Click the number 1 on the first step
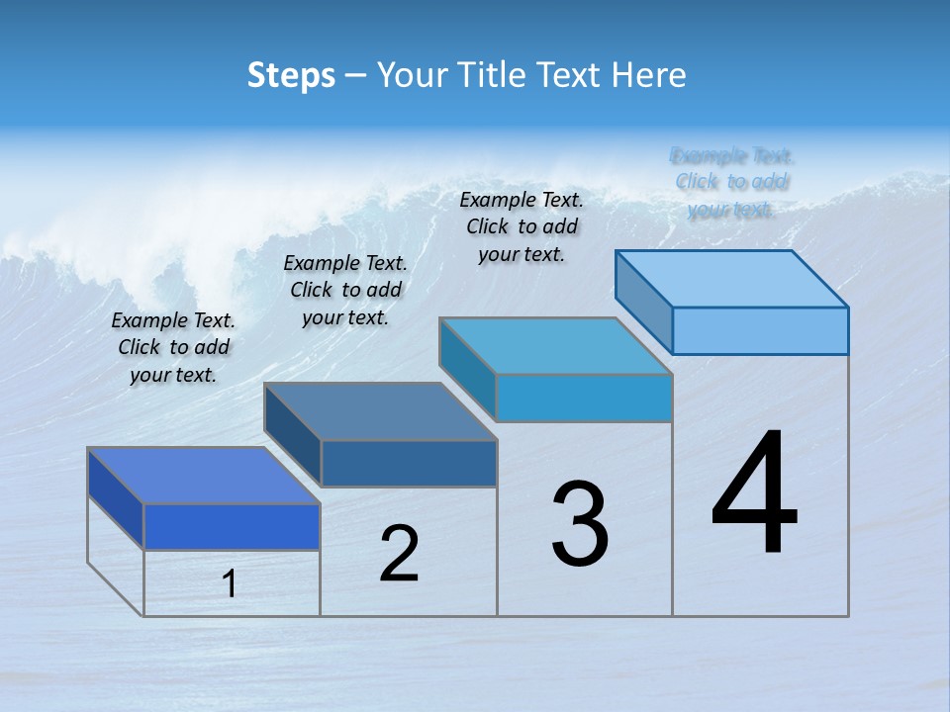[230, 584]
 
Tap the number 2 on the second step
[399, 554]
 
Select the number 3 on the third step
[580, 523]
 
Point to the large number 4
[755, 493]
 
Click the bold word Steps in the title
[291, 75]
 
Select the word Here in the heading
[649, 75]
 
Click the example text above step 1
[173, 347]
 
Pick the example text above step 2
[345, 290]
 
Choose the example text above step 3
[522, 226]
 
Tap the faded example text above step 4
[732, 182]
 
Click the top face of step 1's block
[204, 476]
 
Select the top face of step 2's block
[380, 411]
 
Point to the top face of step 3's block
[556, 346]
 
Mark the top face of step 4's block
[732, 279]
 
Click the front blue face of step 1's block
[232, 526]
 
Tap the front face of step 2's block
[409, 463]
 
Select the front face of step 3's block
[584, 399]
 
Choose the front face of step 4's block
[760, 330]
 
